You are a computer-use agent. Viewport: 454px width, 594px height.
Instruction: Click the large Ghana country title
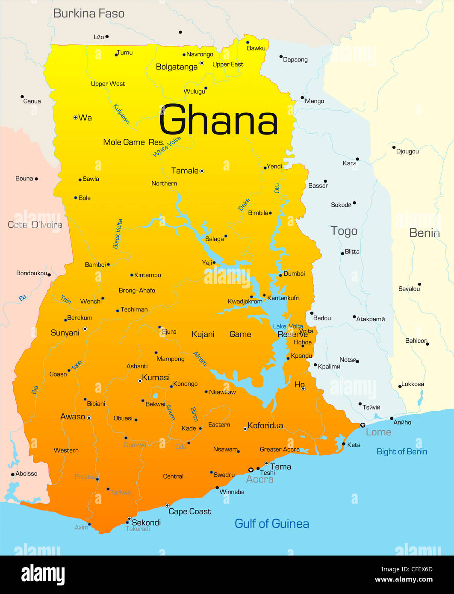tap(218, 121)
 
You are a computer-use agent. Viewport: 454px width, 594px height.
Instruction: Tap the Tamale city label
tap(185, 171)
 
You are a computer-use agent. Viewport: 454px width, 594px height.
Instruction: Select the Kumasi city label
tap(156, 378)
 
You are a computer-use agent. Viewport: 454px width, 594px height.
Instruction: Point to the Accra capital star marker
tap(251, 470)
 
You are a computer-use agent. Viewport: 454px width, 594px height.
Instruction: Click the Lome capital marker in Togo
tap(363, 425)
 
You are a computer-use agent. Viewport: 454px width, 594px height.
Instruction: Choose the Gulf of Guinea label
tap(272, 524)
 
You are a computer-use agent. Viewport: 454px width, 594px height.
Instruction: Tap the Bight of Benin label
tap(401, 452)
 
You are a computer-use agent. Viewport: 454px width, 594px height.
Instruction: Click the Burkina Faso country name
tap(88, 14)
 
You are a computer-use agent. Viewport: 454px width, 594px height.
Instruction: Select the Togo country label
tap(344, 231)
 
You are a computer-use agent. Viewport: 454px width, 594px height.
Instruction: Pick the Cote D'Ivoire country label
tap(35, 225)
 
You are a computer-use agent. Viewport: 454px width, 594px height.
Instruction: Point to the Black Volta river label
tap(118, 234)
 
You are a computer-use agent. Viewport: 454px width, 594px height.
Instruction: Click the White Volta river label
tap(167, 147)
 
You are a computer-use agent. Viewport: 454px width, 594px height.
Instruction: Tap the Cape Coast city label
tap(189, 512)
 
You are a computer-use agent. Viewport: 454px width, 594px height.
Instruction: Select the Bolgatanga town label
tap(177, 67)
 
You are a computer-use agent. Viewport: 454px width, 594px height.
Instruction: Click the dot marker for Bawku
tap(248, 42)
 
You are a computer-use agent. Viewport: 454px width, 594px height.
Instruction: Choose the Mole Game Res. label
tap(133, 142)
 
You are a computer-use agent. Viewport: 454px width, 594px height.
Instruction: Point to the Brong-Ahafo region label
tap(137, 291)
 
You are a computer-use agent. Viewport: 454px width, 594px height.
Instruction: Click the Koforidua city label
tap(265, 426)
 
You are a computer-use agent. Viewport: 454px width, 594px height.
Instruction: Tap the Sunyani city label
tap(65, 333)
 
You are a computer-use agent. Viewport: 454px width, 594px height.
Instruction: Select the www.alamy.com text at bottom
tap(404, 579)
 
